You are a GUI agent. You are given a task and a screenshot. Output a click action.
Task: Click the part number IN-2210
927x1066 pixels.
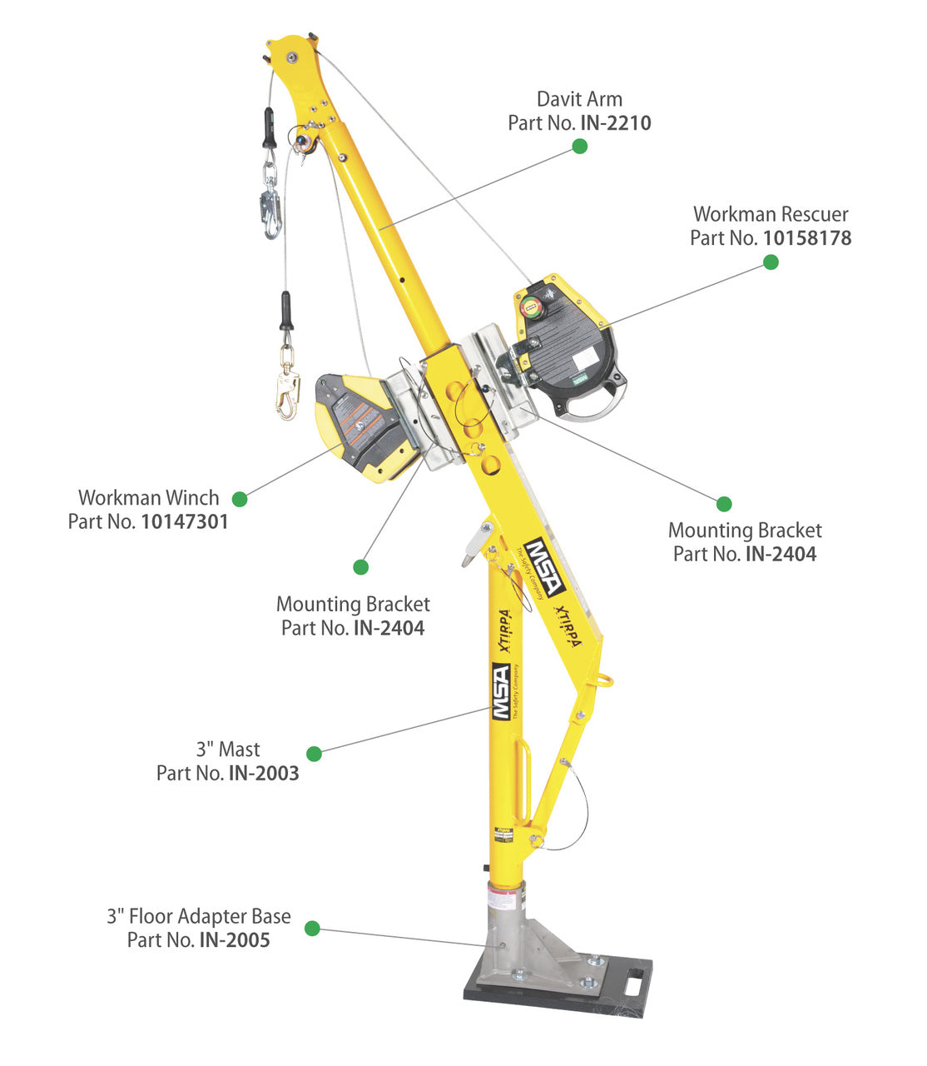(615, 123)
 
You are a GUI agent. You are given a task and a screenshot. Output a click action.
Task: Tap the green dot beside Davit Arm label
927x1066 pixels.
(580, 146)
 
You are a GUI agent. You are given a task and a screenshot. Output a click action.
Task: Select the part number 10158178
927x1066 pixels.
(806, 238)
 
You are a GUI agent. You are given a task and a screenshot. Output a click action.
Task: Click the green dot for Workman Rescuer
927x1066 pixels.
(771, 262)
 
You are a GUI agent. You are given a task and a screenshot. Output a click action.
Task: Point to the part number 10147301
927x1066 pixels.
(184, 522)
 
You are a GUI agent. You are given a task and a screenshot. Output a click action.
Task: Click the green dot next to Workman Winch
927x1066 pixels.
(240, 499)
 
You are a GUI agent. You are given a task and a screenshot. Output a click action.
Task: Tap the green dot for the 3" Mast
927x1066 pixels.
(314, 754)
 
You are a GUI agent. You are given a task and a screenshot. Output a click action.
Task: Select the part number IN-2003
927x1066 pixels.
(263, 774)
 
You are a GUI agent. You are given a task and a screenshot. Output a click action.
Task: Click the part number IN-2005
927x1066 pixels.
(234, 940)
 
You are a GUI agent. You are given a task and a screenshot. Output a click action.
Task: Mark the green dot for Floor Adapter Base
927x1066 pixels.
(312, 928)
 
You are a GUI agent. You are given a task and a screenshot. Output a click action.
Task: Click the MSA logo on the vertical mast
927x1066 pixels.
(500, 691)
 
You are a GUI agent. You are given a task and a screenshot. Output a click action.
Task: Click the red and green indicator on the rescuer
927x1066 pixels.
(529, 307)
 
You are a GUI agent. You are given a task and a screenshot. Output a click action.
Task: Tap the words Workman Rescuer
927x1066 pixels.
(771, 215)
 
